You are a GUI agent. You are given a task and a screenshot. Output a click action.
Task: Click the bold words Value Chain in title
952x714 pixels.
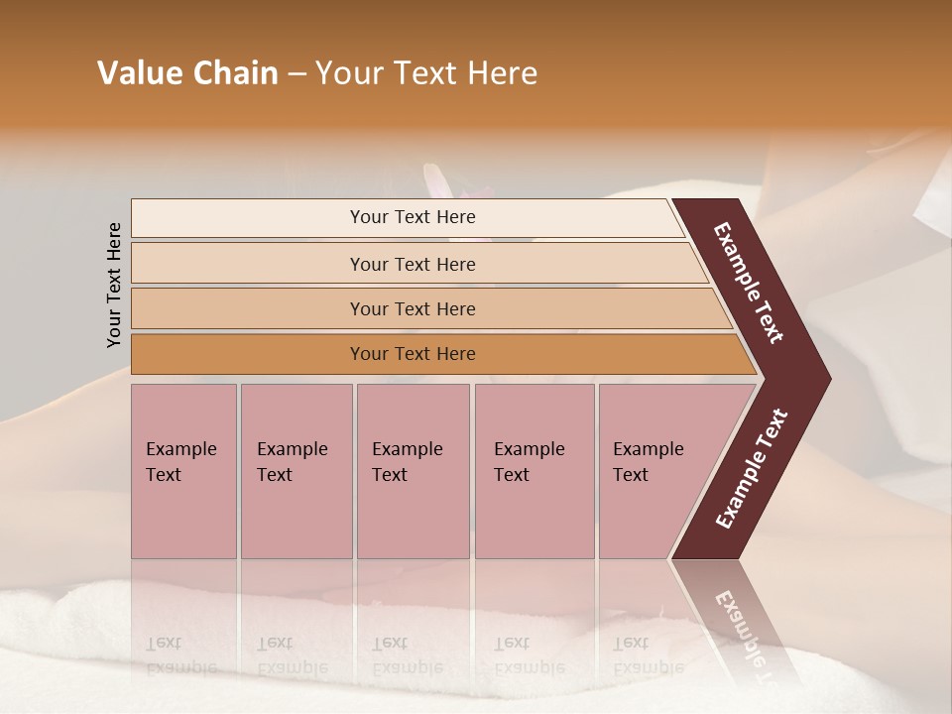[187, 73]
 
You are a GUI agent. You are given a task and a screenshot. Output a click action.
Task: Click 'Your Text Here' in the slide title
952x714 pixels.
[426, 73]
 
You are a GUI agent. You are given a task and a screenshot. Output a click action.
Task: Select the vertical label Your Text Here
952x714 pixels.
[114, 285]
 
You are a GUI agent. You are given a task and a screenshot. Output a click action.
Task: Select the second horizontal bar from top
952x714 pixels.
[412, 264]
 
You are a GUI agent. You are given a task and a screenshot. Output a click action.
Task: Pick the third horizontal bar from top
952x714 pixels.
[412, 308]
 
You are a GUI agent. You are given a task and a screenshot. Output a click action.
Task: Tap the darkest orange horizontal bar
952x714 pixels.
[412, 354]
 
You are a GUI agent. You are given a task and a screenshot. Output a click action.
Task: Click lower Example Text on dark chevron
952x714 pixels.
[751, 468]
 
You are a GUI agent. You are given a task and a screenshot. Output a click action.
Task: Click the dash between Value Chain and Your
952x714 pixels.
[297, 74]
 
